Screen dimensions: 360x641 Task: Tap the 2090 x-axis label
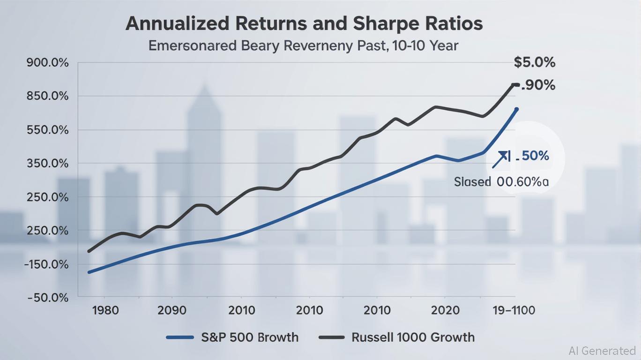(172, 310)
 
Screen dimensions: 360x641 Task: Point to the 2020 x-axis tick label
(444, 310)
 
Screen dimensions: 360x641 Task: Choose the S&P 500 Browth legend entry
(232, 337)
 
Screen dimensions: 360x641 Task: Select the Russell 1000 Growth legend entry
(396, 337)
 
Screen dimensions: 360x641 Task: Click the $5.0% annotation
(535, 62)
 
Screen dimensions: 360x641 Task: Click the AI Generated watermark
(602, 351)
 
